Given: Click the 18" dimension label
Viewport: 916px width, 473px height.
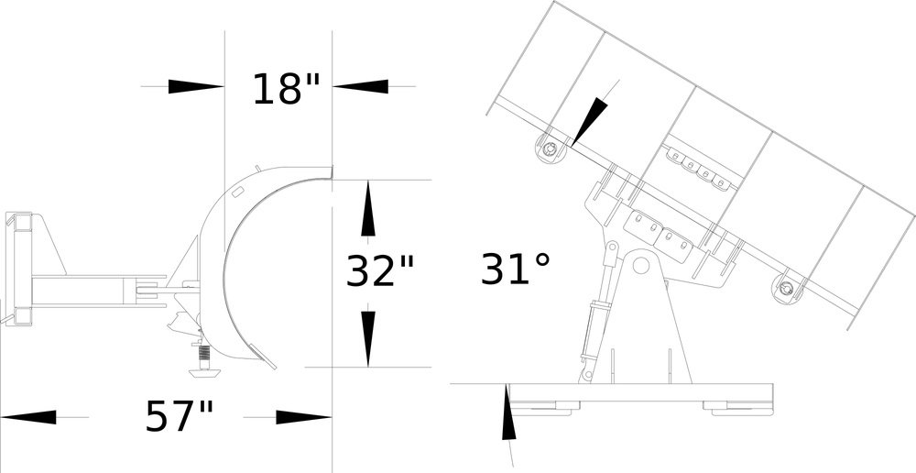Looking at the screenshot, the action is click(x=286, y=89).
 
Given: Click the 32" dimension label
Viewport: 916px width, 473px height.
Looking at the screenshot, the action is click(x=380, y=270).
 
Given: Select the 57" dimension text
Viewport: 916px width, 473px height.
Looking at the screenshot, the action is click(x=179, y=416).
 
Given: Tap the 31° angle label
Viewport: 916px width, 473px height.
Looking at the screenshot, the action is click(x=515, y=269).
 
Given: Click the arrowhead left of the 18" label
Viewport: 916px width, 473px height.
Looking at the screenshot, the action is click(x=196, y=86).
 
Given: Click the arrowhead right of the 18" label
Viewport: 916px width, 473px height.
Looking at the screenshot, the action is click(x=360, y=86).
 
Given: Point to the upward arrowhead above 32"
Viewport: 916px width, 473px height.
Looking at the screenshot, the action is click(x=367, y=209).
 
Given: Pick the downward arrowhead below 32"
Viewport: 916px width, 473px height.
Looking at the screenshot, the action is click(x=367, y=338).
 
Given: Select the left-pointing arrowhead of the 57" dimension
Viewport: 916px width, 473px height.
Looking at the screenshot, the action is click(x=28, y=417).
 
